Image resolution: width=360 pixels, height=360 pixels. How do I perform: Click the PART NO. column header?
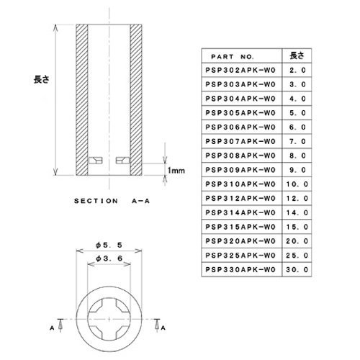[232, 57]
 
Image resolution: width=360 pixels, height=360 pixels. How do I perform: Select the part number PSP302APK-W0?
[240, 71]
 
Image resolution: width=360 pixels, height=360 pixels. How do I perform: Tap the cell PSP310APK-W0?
[240, 184]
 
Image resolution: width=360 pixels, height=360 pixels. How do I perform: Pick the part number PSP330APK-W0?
[240, 269]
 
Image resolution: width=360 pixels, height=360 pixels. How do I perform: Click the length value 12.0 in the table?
[297, 199]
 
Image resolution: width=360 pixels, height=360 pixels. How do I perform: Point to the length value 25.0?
[297, 256]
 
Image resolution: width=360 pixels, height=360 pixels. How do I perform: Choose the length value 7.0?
[297, 141]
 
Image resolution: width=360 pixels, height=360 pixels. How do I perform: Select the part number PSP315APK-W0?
[240, 227]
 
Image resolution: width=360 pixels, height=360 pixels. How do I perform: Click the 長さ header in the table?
[297, 55]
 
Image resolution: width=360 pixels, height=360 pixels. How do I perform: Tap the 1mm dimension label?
[176, 171]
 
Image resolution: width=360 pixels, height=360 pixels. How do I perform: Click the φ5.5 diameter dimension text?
[109, 245]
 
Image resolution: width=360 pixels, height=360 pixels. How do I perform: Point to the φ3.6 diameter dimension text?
[109, 258]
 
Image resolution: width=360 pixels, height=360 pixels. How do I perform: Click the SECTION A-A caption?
[112, 201]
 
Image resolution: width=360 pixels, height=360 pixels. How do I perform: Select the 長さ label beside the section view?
[42, 79]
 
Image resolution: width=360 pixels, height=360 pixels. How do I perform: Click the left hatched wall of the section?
[82, 99]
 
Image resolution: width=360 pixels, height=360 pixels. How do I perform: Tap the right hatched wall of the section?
[136, 99]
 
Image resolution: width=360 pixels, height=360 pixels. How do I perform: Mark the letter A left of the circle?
[52, 328]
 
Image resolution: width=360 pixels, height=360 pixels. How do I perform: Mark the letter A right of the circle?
[163, 328]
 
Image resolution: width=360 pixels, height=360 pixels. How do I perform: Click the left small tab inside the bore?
[96, 161]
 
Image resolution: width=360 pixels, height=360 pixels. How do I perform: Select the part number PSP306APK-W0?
[240, 127]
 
